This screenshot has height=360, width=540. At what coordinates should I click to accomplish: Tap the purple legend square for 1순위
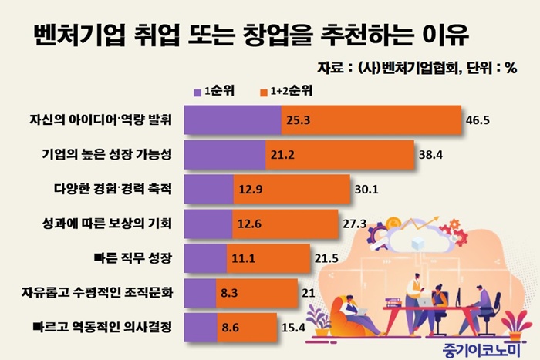click(x=196, y=90)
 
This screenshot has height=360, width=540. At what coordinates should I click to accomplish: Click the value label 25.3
click(x=298, y=121)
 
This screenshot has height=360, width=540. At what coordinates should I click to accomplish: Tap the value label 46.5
click(x=479, y=121)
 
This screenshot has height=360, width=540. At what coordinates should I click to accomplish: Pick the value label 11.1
click(x=241, y=259)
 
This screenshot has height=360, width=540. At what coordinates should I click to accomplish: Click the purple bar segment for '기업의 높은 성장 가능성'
click(x=225, y=155)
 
